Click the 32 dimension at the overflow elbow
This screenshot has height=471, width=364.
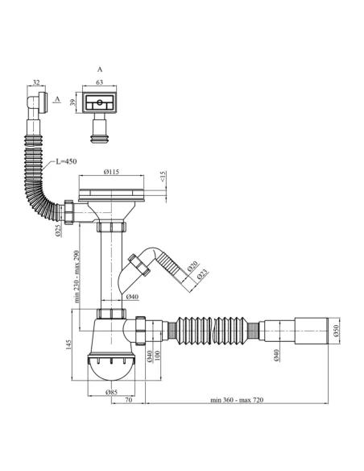36,82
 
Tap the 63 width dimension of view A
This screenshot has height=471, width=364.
99,82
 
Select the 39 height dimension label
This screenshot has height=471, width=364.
72,102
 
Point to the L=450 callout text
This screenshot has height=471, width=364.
66,161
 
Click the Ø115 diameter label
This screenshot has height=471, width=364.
111,172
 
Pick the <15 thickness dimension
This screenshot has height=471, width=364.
163,177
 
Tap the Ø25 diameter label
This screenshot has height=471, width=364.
59,230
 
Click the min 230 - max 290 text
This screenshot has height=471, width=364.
77,277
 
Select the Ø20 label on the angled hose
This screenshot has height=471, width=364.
192,266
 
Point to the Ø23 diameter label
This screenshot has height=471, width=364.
203,274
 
